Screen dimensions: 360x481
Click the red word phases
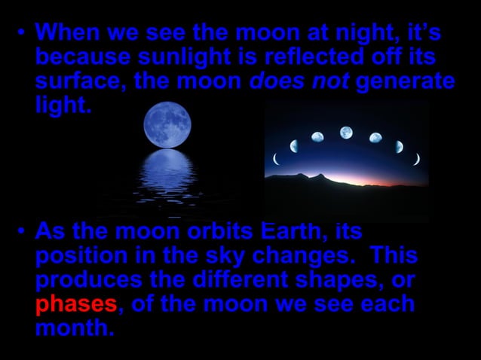pos(76,305)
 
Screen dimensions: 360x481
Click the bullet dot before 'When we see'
pos(22,34)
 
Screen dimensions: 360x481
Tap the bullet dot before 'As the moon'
pos(22,230)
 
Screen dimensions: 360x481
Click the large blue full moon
pos(167,121)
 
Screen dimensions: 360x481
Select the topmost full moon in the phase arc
pos(346,133)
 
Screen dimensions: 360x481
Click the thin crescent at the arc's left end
pos(276,158)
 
